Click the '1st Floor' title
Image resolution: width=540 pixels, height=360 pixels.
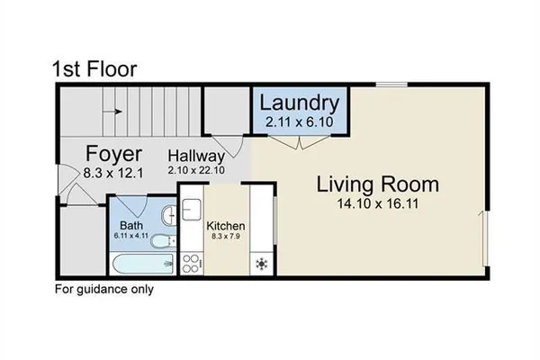94,68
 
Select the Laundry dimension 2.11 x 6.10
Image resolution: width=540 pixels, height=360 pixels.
301,121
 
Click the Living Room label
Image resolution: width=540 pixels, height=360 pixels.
377,185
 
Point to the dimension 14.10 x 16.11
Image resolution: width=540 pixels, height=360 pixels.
377,205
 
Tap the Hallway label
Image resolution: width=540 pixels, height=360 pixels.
196,154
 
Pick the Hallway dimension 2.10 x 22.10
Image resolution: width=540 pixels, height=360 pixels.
196,168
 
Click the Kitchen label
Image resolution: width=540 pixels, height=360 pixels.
226,225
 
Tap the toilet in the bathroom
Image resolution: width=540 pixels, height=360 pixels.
161,241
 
